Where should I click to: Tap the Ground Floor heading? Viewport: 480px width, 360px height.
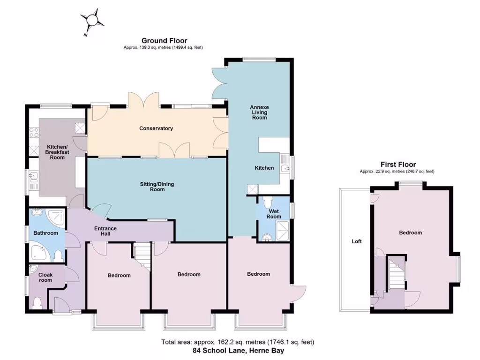pyautogui.click(x=164, y=41)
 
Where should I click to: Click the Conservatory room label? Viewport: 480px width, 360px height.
pyautogui.click(x=156, y=128)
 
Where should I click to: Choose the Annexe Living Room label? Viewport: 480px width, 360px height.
pyautogui.click(x=259, y=112)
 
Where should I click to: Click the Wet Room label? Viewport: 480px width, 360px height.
pyautogui.click(x=274, y=214)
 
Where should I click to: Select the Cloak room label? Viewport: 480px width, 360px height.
pyautogui.click(x=45, y=277)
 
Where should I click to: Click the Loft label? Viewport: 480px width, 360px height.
pyautogui.click(x=357, y=242)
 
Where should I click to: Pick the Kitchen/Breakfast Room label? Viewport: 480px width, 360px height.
pyautogui.click(x=57, y=152)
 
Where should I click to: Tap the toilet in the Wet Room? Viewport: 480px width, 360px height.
pyautogui.click(x=268, y=202)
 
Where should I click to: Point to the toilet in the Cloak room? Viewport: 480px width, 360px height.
pyautogui.click(x=37, y=302)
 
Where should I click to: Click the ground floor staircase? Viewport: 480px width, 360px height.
pyautogui.click(x=141, y=256)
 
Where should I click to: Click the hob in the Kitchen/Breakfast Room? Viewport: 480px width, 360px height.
pyautogui.click(x=34, y=132)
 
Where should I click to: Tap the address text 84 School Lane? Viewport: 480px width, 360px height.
pyautogui.click(x=238, y=350)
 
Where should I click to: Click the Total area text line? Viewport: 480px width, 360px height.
pyautogui.click(x=238, y=342)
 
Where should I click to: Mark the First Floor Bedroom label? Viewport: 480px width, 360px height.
pyautogui.click(x=410, y=232)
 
